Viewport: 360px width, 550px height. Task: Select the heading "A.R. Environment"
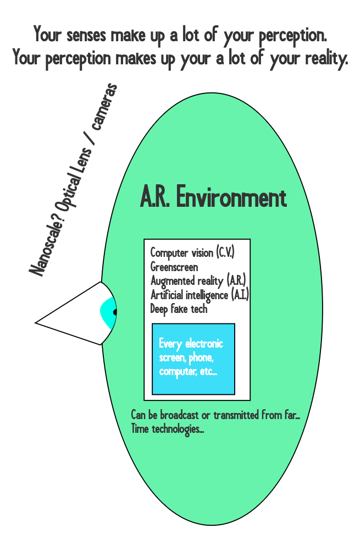[x=213, y=198]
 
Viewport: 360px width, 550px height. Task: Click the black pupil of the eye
[x=115, y=312]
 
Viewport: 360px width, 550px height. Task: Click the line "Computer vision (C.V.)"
[x=192, y=253]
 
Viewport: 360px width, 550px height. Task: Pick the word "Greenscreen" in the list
[x=174, y=267]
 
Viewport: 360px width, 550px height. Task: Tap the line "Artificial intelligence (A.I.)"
[x=200, y=295]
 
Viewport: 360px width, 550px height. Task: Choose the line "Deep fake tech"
[x=179, y=309]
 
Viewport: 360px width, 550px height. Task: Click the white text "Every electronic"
[x=191, y=344]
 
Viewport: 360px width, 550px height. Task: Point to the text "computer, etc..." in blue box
[x=188, y=372]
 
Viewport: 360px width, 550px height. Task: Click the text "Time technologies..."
[x=168, y=429]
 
